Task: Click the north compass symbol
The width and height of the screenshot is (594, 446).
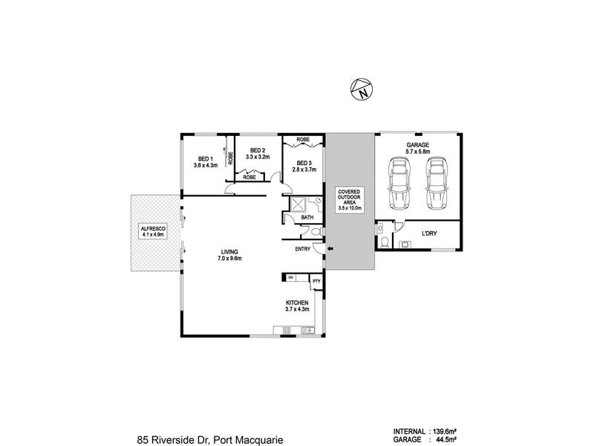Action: pos(362,90)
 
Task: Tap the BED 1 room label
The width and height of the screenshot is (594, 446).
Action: pos(206,158)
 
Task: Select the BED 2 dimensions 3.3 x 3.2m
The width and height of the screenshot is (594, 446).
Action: pos(258,157)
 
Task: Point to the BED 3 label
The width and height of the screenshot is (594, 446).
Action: pos(304,163)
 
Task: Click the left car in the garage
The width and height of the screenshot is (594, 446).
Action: pos(399,183)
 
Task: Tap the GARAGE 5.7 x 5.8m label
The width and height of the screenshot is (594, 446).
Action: pos(418,148)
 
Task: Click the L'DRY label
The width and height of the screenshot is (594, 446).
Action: pos(429,233)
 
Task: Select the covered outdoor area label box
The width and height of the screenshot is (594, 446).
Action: pos(349,200)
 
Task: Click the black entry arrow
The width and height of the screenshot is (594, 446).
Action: pos(330,249)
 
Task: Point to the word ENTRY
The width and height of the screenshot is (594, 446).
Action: pos(303,249)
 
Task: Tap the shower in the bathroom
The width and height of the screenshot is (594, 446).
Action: pos(298,204)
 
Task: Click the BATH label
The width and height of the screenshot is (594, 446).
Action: pos(307,218)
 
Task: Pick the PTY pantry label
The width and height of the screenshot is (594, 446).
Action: pos(316,282)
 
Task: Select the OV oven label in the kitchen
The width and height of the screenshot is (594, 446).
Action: pos(291,277)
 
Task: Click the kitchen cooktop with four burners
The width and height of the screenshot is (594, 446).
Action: pos(287,331)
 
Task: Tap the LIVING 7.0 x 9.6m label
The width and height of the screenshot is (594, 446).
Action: pos(229,255)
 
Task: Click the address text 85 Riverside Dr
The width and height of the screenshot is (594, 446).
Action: pos(171,440)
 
